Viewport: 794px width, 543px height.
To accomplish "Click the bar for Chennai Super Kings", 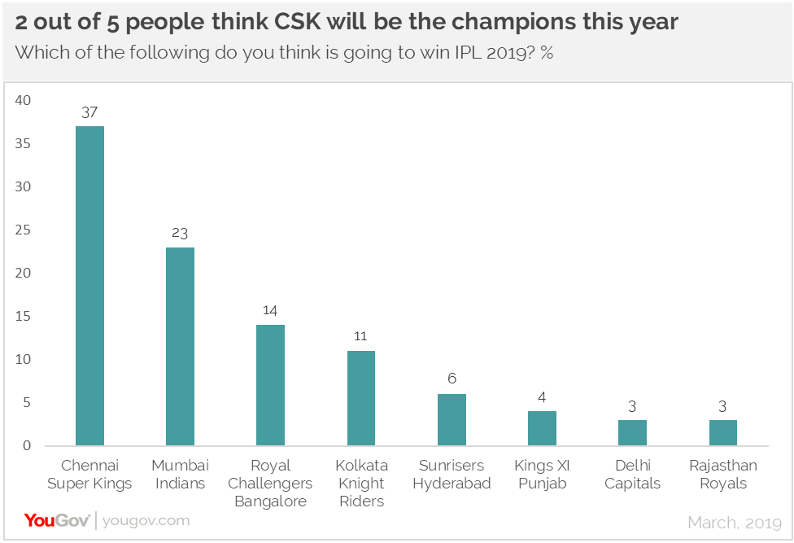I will click(89, 286).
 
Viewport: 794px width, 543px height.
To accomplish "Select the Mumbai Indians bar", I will click(180, 346).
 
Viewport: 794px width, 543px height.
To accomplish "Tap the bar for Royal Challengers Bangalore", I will click(270, 385).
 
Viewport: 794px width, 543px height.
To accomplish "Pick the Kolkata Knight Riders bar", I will click(361, 398).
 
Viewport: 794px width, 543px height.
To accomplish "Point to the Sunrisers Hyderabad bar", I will click(452, 420).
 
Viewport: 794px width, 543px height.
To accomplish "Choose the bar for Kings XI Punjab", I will click(542, 428).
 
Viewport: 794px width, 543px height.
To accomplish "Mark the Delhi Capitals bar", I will click(632, 433).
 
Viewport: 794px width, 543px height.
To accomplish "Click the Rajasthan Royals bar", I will click(723, 433).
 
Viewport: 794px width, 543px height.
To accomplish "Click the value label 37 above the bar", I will click(89, 112).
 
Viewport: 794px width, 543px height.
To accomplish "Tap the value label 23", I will click(180, 234).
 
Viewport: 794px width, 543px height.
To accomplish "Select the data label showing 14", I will click(270, 311).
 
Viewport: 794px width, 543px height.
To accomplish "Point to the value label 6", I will click(452, 380).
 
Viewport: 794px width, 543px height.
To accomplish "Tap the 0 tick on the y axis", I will click(26, 446).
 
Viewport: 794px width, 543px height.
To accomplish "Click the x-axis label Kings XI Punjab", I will click(542, 474).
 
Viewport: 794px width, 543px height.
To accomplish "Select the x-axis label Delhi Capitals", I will click(632, 474).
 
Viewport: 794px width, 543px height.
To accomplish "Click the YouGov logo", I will click(57, 520).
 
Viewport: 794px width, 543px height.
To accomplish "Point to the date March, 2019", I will click(735, 522).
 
